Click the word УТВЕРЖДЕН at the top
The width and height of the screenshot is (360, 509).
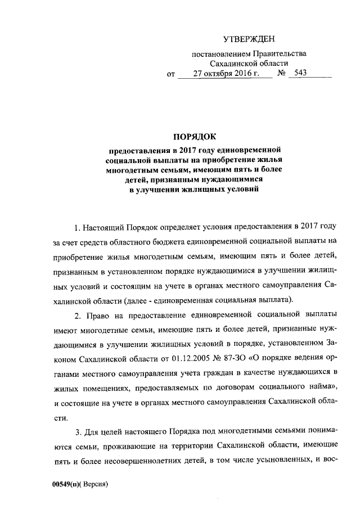pos(249,39)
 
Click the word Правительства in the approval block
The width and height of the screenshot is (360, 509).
pos(280,54)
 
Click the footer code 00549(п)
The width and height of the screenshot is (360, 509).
pos(66,484)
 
